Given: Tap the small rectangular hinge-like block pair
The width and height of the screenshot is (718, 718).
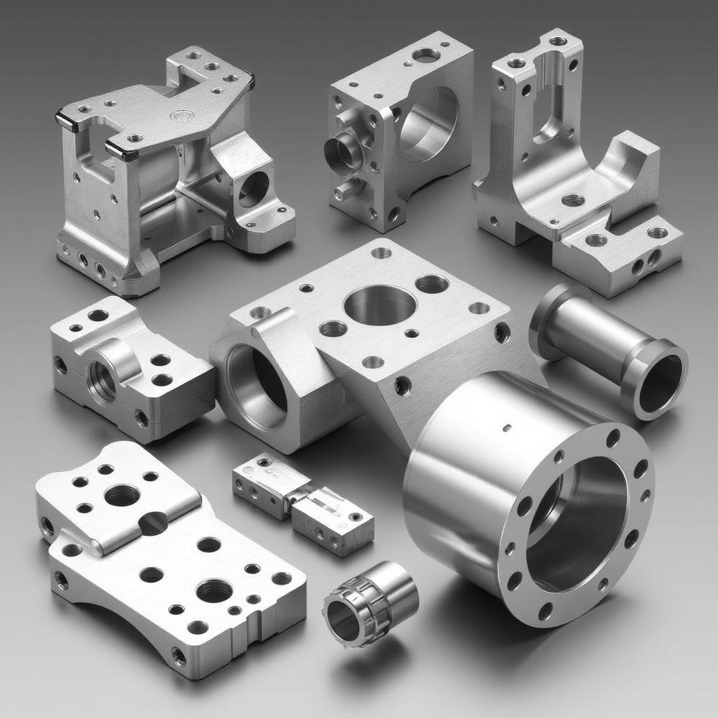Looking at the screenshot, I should click(303, 503).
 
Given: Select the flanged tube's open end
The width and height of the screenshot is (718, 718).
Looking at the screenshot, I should click(660, 381).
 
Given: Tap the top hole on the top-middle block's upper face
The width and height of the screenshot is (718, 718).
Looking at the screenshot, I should click(426, 54).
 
